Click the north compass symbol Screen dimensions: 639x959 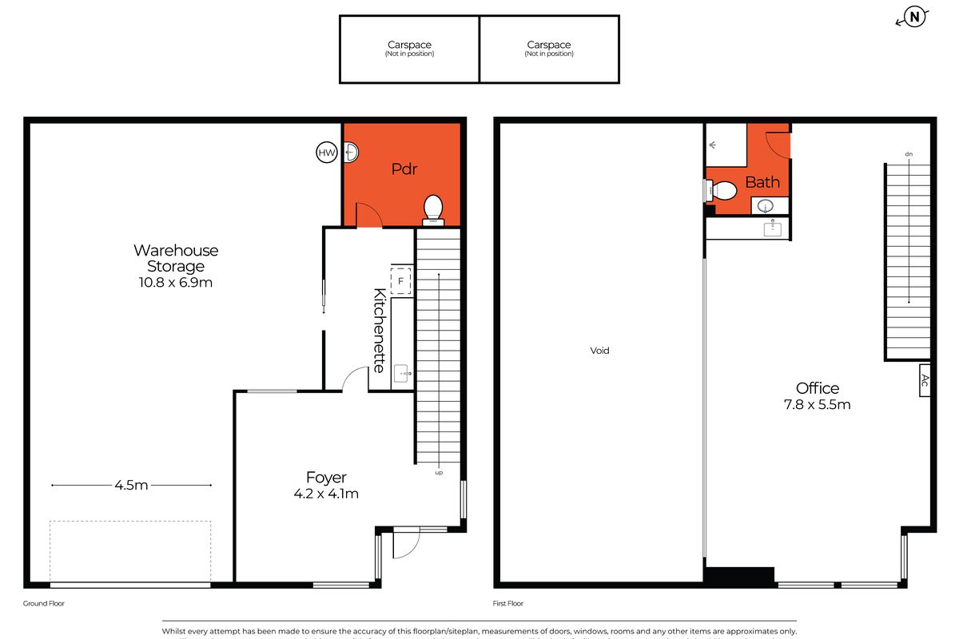click(x=914, y=18)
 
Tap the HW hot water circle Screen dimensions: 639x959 click(x=327, y=153)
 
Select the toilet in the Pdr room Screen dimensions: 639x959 click(x=432, y=209)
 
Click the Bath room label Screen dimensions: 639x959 click(x=762, y=183)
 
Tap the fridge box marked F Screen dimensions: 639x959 click(x=401, y=280)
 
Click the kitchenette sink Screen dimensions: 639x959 click(x=401, y=371)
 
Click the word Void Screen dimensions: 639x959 click(x=599, y=351)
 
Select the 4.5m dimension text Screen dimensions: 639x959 click(x=132, y=485)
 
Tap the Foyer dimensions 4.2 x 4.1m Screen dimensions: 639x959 click(x=326, y=494)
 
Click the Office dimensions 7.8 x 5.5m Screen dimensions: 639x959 click(x=818, y=404)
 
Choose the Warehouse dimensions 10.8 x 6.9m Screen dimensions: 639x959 click(x=175, y=282)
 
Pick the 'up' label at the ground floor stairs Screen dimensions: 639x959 click(x=439, y=473)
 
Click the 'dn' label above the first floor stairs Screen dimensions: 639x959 click(x=909, y=153)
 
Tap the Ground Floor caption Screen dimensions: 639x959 click(x=44, y=604)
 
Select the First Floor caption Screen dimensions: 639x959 click(x=508, y=604)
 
